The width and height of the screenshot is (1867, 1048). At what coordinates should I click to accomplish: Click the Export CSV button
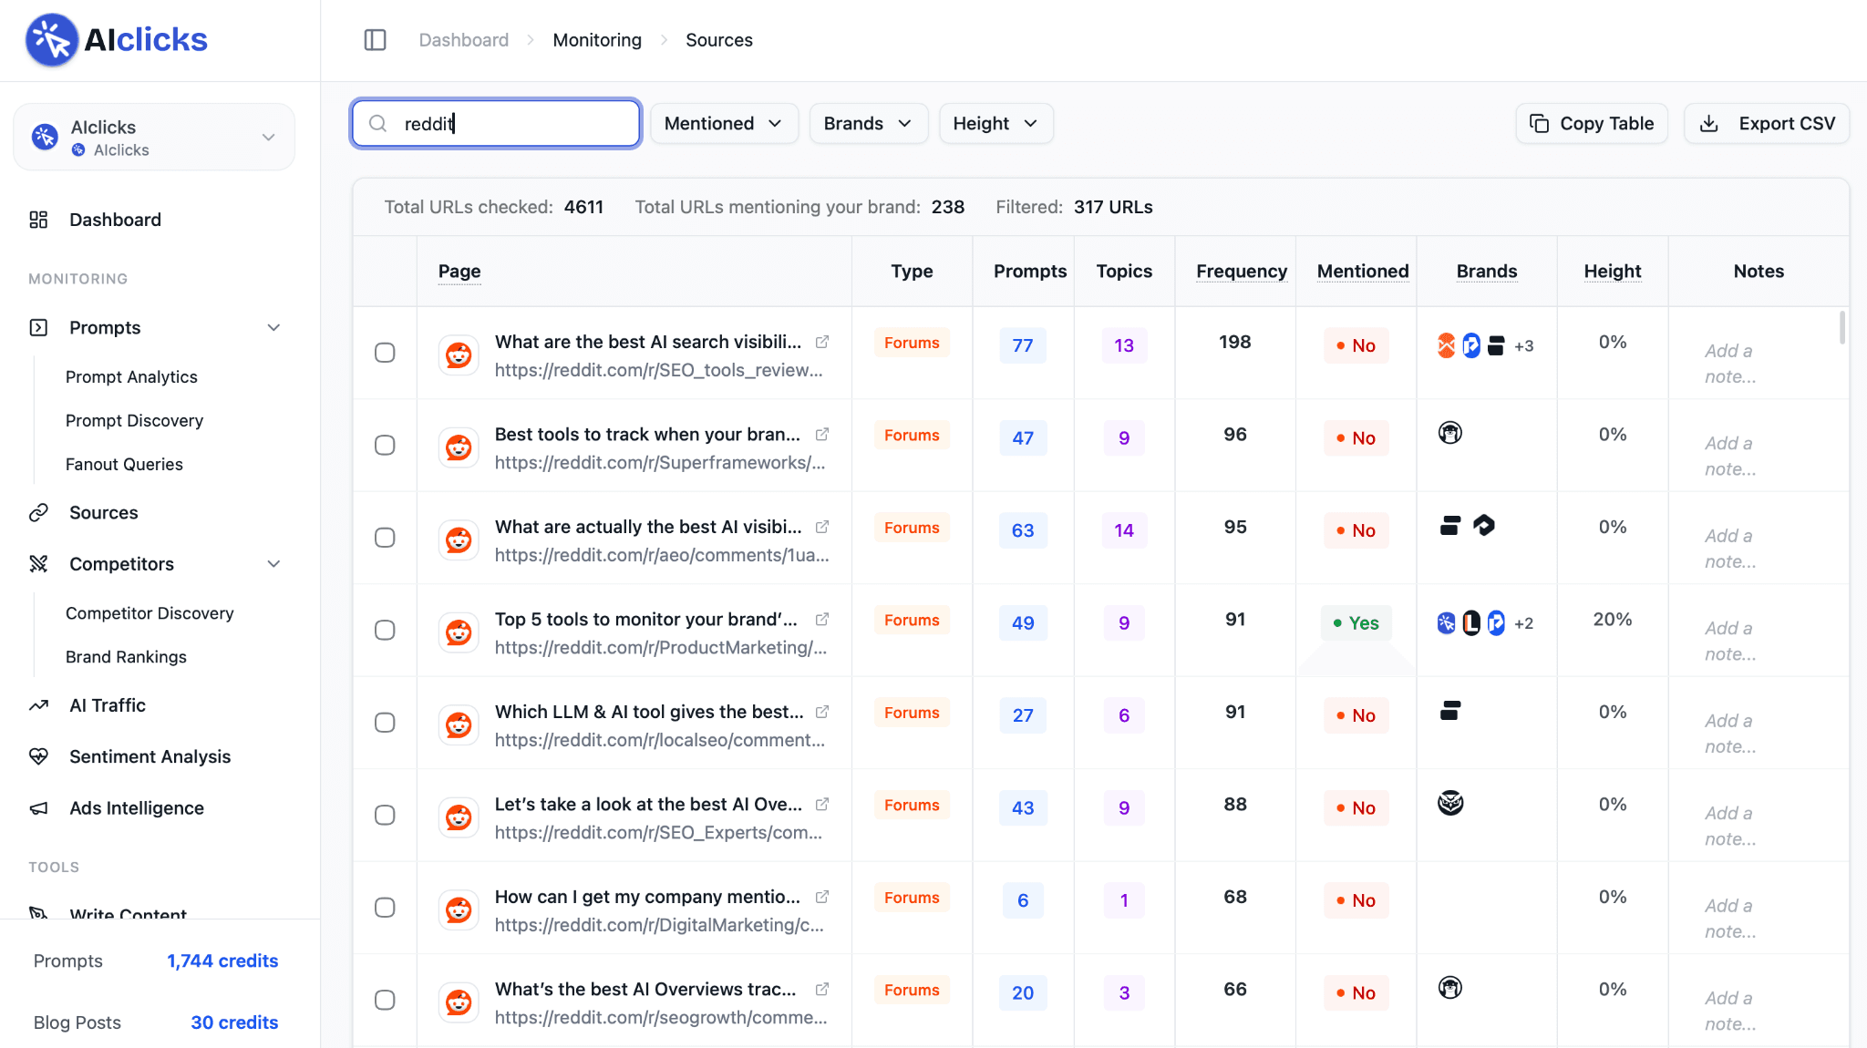point(1767,123)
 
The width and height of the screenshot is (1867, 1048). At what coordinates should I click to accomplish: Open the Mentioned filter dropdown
point(724,123)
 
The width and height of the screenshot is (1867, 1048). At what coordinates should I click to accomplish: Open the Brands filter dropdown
point(868,123)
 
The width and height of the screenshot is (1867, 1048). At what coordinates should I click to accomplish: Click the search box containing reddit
point(496,123)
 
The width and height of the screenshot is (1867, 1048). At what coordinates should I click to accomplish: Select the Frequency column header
point(1242,271)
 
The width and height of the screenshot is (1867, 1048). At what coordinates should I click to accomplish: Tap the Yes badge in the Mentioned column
point(1356,622)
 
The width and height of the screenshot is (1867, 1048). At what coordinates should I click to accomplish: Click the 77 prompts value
point(1023,345)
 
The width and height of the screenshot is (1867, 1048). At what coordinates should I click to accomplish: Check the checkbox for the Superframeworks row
point(385,445)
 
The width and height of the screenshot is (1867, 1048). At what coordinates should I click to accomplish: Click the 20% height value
point(1612,619)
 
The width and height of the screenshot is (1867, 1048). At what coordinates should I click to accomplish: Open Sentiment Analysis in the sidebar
point(150,756)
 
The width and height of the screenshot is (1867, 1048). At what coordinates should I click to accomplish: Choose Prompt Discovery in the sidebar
point(134,420)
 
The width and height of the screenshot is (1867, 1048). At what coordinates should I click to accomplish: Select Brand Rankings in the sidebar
point(126,657)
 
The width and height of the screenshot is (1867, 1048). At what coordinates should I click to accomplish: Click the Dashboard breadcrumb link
point(463,40)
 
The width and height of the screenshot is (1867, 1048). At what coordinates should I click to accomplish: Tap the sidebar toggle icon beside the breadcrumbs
point(375,40)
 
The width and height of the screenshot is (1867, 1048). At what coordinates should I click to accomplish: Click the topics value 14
point(1124,530)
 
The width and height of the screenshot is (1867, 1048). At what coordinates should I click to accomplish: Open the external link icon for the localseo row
point(822,712)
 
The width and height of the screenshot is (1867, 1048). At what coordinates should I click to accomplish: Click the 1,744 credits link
point(222,961)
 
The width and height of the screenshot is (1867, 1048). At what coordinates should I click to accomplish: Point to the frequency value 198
point(1235,342)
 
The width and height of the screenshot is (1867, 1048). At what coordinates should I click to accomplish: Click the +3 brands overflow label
point(1524,346)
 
